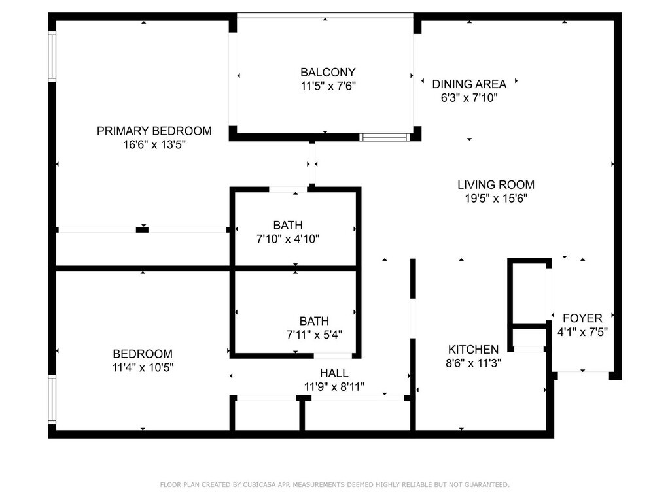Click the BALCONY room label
tap(328, 72)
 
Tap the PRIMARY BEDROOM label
tap(154, 131)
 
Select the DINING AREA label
tap(469, 84)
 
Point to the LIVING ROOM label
tap(496, 185)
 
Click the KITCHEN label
tap(473, 350)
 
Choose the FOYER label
tap(582, 318)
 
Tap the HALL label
tap(334, 373)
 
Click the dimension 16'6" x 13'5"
tap(154, 144)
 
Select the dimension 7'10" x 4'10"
tap(288, 239)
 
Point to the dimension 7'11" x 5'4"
tap(314, 335)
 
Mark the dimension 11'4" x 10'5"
tap(143, 367)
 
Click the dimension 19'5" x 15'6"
tap(496, 199)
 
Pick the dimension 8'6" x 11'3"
tap(473, 363)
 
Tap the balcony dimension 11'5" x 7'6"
tap(328, 86)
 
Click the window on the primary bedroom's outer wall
tap(52, 56)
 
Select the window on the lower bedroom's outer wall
tap(52, 399)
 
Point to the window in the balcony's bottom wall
tap(385, 137)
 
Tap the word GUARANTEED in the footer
tap(487, 484)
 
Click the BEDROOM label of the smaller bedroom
tap(143, 354)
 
